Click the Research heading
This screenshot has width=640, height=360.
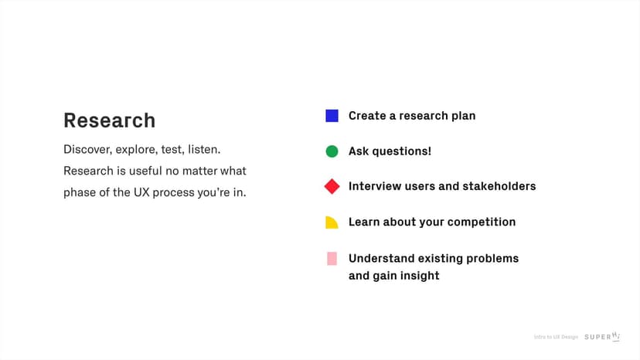coord(109,121)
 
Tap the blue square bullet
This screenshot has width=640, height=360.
coord(332,116)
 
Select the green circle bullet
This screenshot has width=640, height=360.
coord(332,151)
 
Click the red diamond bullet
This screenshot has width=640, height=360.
coord(332,186)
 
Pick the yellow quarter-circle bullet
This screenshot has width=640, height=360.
coord(332,222)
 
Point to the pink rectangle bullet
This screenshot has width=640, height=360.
coord(332,258)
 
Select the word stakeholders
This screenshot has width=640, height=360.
coord(499,186)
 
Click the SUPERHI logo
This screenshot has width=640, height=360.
coord(602,336)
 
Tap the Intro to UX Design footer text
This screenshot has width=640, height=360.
coord(556,337)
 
